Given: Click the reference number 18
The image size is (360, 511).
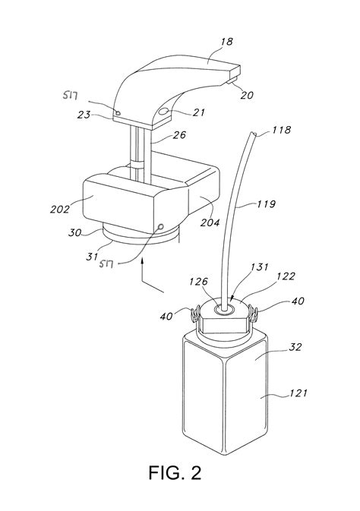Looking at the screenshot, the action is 227,42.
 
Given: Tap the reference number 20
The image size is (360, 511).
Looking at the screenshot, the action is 247,95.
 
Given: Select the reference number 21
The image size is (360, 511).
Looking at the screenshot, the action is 198,112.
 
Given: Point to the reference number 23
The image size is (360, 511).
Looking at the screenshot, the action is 84,115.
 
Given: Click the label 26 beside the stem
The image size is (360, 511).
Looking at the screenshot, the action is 179,135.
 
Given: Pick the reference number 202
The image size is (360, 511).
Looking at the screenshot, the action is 60,209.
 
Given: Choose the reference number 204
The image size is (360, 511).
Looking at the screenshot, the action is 210,222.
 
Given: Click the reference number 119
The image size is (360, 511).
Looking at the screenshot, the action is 266,204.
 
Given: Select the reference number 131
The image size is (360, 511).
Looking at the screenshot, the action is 260,267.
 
